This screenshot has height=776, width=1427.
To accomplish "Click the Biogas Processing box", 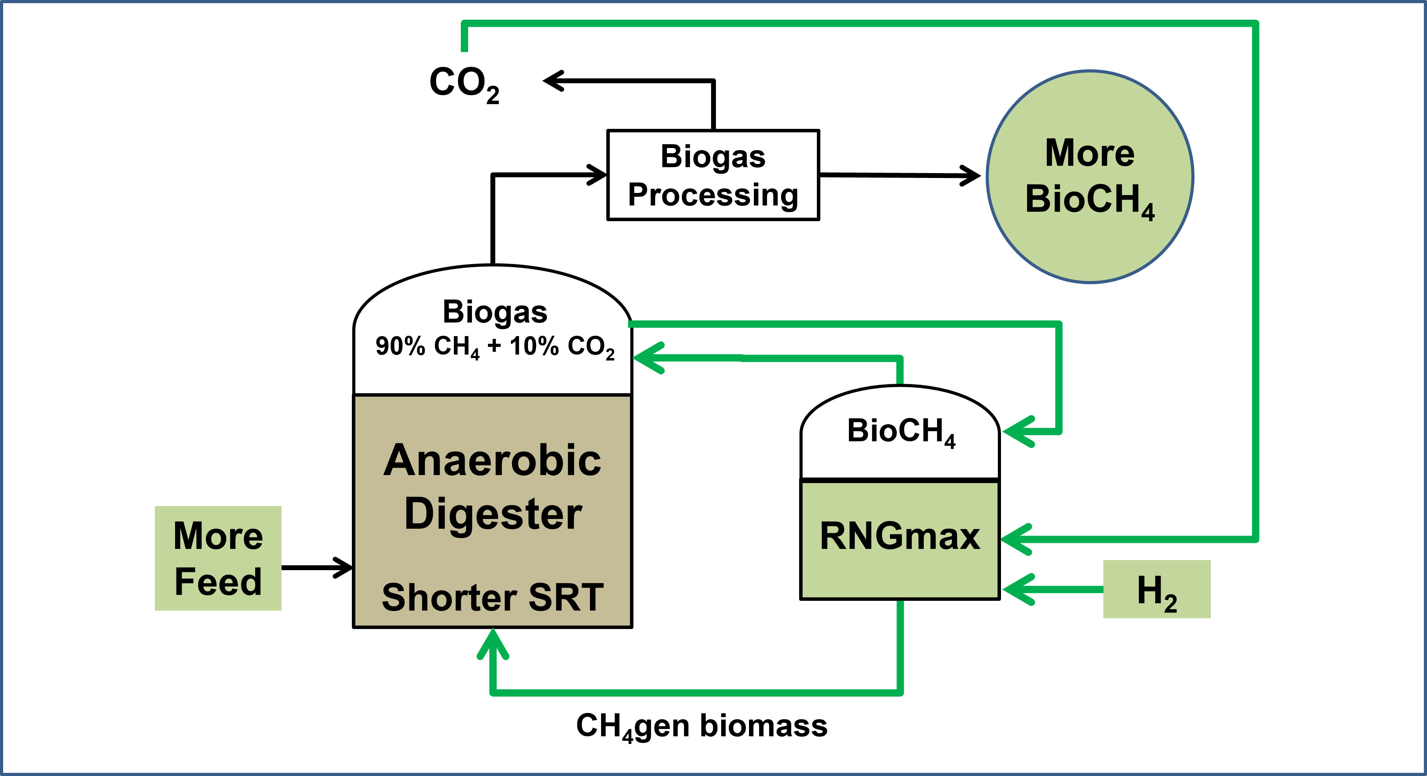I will coord(713,175).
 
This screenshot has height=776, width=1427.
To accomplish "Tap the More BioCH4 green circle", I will coord(1090,177).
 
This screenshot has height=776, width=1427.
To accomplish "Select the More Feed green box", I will coord(218,558).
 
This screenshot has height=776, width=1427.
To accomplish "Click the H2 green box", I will coord(1157,589).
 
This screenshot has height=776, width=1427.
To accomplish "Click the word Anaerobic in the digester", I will coord(492,460).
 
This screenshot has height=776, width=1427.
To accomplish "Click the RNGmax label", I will coord(900,537).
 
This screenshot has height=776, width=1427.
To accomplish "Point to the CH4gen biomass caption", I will coord(701,726).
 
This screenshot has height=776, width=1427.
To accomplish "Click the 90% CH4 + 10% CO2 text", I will coord(495,347).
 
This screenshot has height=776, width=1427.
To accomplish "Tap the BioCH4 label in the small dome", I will coord(901,431).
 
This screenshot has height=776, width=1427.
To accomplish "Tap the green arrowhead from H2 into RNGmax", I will coord(1017,589).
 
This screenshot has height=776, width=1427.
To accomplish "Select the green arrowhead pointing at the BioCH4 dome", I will coord(1017,431).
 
